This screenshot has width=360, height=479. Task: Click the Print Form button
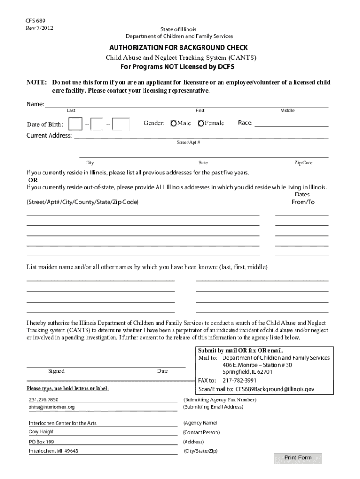[298, 457]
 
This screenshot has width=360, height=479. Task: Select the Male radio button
[174, 123]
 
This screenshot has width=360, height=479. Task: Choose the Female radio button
[201, 123]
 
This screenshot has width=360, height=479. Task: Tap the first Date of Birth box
[75, 124]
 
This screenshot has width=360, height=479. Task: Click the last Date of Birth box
[122, 124]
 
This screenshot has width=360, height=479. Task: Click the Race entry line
[291, 123]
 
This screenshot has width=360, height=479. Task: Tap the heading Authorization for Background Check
[179, 48]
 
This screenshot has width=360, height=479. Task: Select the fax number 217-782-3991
[243, 380]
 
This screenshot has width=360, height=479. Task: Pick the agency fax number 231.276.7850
[43, 400]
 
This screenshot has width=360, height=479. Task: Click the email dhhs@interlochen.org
[51, 407]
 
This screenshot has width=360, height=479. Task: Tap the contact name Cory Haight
[41, 432]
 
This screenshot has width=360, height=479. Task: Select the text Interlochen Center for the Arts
[63, 423]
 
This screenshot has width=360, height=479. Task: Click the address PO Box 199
[42, 442]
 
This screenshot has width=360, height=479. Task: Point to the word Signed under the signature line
[56, 371]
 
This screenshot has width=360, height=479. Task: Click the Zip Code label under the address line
[303, 163]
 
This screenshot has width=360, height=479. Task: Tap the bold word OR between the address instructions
[33, 180]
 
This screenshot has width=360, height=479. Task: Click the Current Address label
[49, 136]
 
